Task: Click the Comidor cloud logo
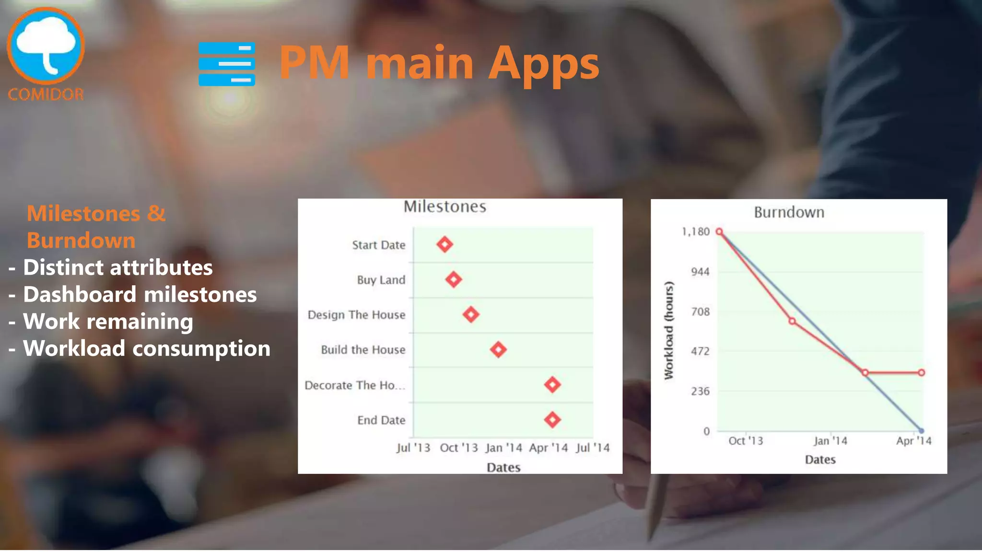pos(46,46)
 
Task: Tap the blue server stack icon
pos(227,64)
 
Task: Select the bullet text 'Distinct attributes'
pos(118,267)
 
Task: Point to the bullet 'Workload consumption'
pos(147,348)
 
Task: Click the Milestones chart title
pos(444,207)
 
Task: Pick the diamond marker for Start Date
pos(444,244)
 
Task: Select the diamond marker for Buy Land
pos(454,279)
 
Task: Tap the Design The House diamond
pos(471,314)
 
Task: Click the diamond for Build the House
pos(498,349)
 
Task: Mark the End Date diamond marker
pos(552,420)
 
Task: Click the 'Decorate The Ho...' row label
pos(355,385)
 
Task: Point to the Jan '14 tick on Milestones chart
pos(503,448)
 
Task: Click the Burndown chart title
pos(789,212)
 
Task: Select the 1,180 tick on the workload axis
pos(695,232)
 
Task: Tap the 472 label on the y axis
pos(700,351)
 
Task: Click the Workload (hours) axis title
pos(669,331)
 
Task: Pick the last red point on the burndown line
pos(921,372)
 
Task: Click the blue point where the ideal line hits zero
pos(921,431)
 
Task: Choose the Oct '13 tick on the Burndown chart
pos(746,441)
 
